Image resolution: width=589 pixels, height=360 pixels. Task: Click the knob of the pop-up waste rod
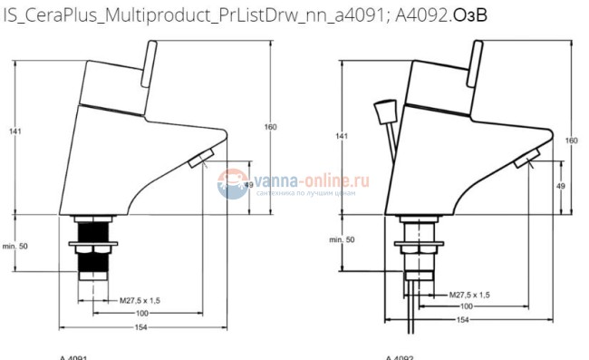tap(381, 112)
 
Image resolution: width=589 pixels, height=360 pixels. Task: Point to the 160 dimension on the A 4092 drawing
tap(571, 141)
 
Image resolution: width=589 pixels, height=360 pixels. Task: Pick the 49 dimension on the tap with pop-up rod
tap(561, 186)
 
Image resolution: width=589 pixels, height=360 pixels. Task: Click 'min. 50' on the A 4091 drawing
tap(15, 246)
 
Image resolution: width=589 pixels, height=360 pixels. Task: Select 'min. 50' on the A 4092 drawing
tap(342, 239)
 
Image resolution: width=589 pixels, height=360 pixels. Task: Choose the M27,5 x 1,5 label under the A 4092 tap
tap(470, 295)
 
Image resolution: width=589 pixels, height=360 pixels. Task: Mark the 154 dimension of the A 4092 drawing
tap(461, 320)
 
